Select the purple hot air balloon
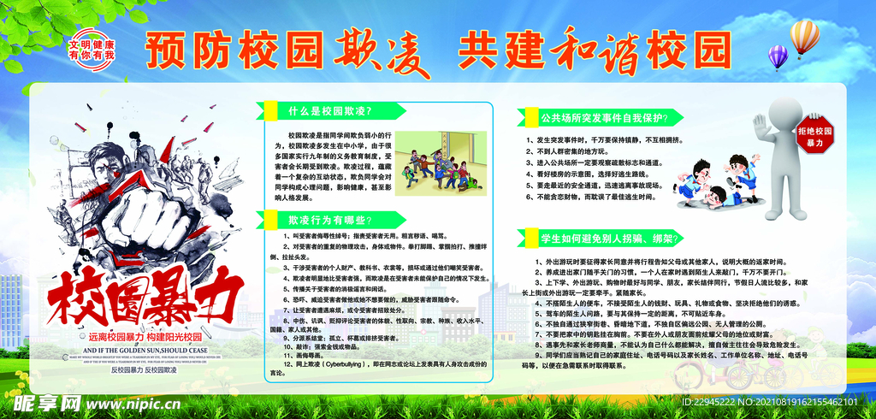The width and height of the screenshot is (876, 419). click(778, 56)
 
